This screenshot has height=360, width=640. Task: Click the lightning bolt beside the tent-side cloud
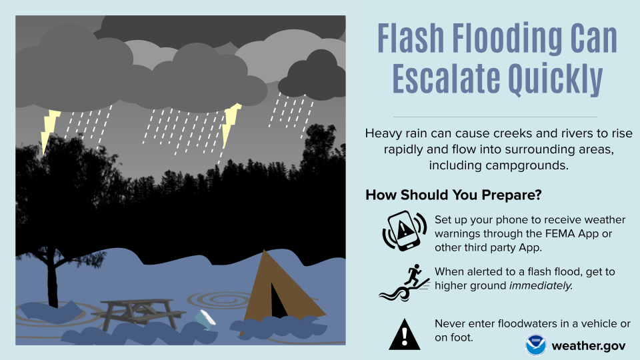(x=231, y=123)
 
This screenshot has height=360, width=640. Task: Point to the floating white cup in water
(x=205, y=320)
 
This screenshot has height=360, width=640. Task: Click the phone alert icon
(x=405, y=231)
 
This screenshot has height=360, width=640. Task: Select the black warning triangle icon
(x=405, y=334)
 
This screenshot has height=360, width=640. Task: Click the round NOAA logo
(x=536, y=345)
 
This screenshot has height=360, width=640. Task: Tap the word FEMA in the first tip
(x=571, y=233)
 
